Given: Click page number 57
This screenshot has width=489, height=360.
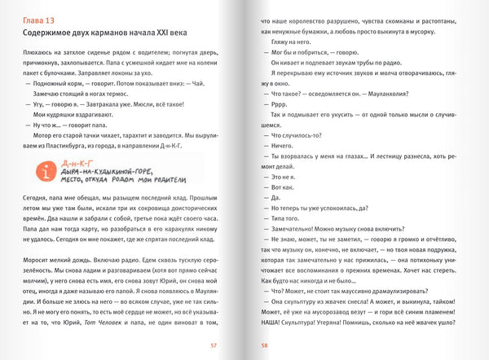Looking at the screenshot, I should [213, 345].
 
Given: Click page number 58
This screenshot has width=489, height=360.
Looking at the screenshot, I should [264, 345].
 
